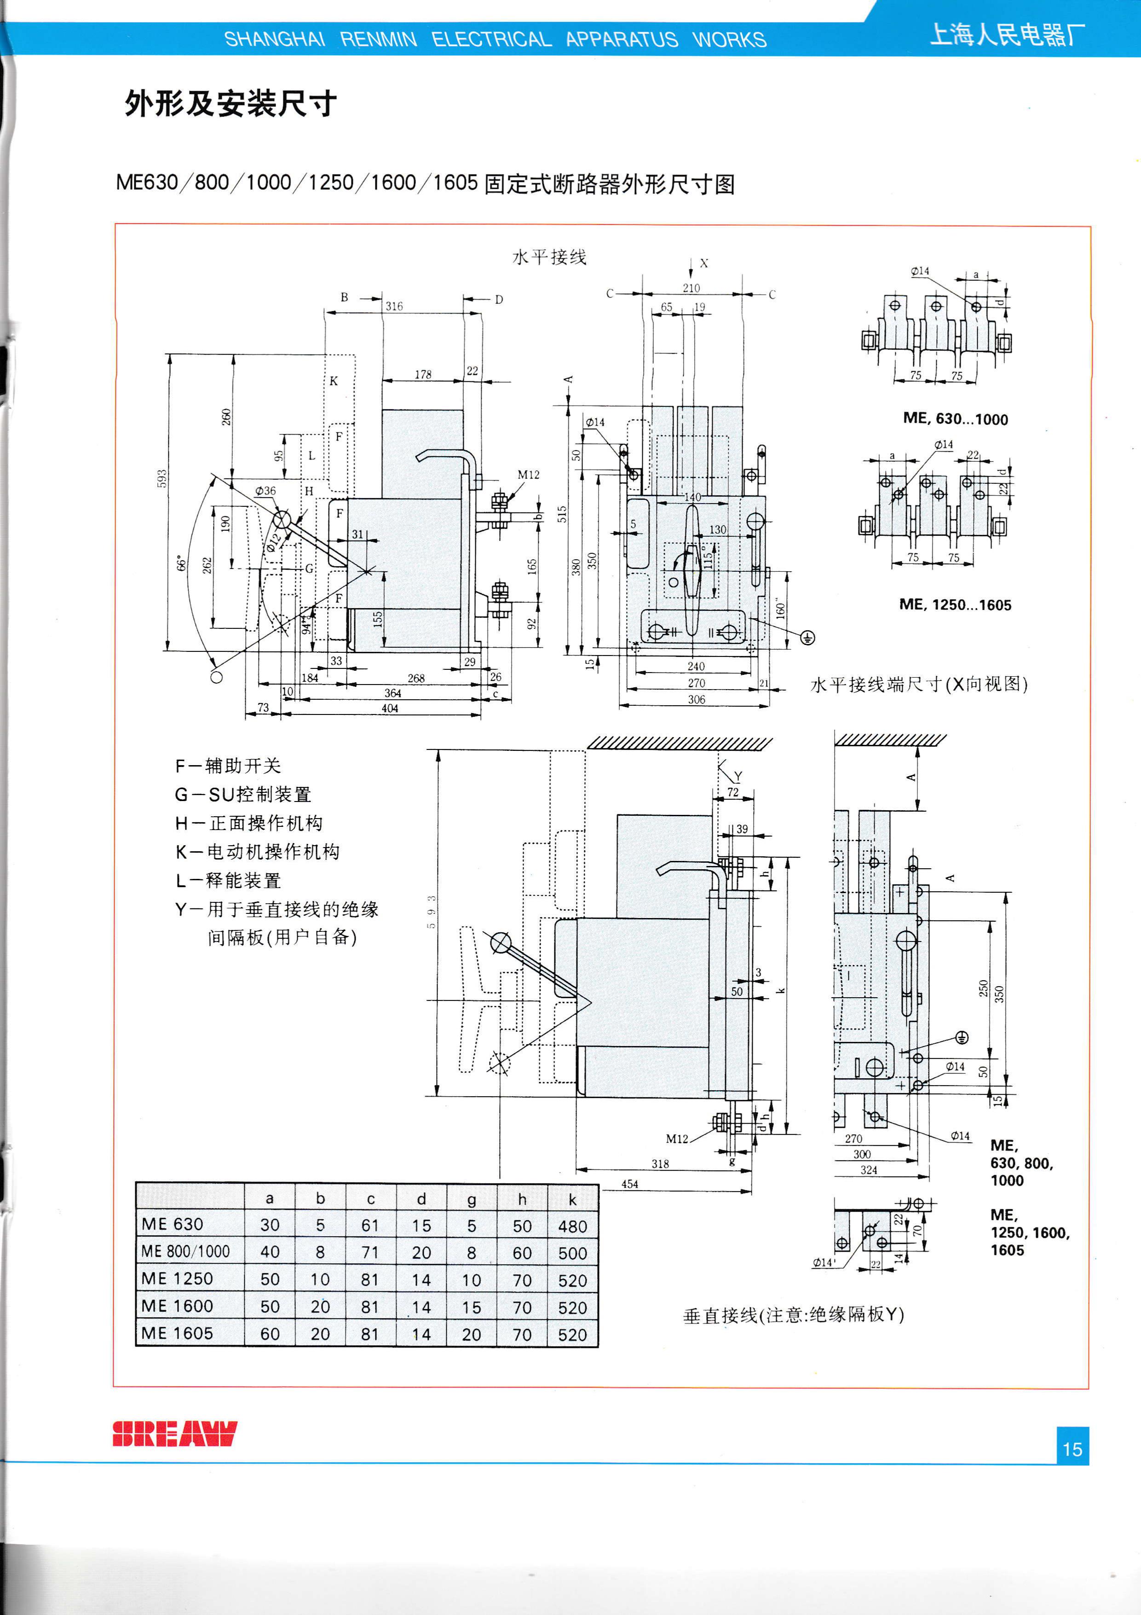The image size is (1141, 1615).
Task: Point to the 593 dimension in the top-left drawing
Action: coord(161,478)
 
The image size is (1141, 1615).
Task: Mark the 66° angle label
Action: coord(181,563)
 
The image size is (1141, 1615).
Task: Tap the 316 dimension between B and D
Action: coord(394,306)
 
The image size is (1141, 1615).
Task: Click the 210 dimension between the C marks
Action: coord(691,288)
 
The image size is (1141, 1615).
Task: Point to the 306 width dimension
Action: coord(696,699)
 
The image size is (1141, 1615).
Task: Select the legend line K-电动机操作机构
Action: coord(257,851)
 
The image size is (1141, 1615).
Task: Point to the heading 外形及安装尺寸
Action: coord(231,104)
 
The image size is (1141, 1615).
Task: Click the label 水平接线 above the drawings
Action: coord(549,257)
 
